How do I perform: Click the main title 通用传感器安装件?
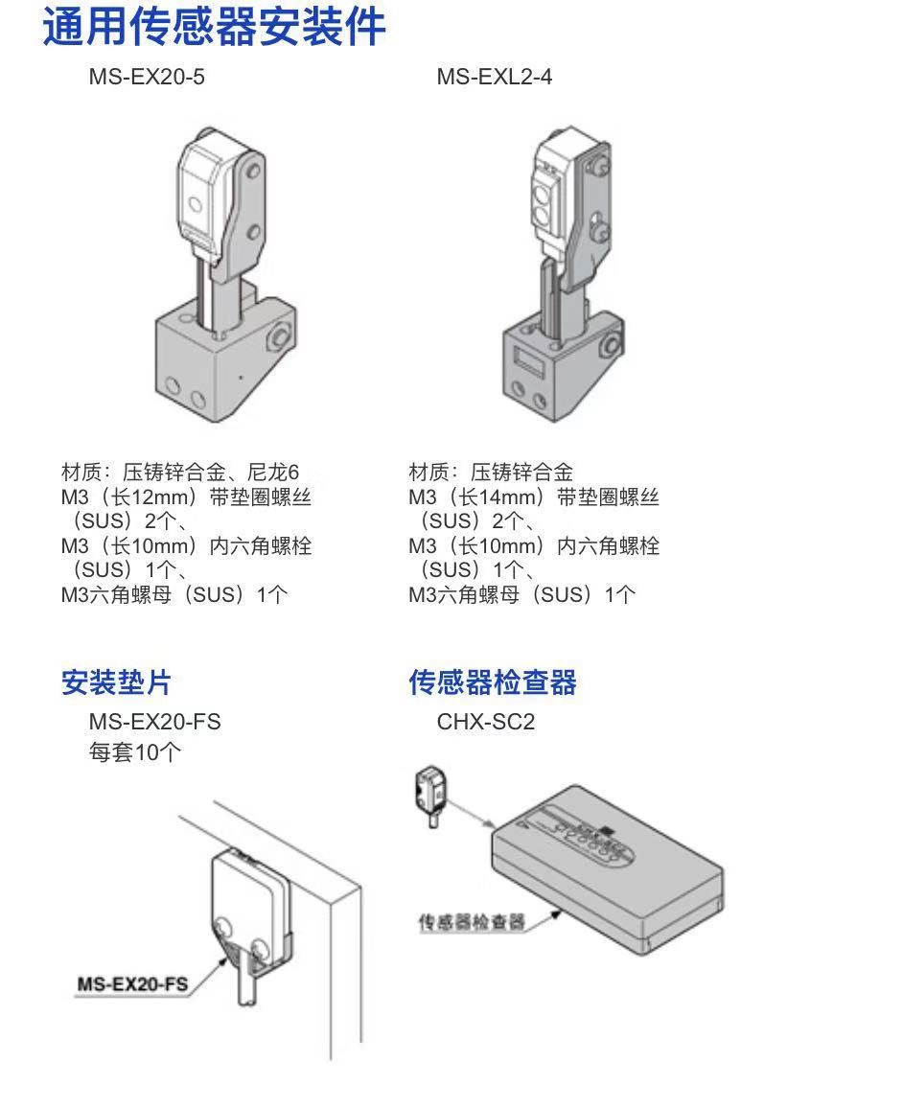pyautogui.click(x=214, y=26)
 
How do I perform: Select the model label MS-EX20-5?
pyautogui.click(x=147, y=77)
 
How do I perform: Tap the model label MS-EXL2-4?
pyautogui.click(x=494, y=77)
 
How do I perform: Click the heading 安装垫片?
pyautogui.click(x=116, y=682)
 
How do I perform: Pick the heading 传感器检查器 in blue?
pyautogui.click(x=493, y=682)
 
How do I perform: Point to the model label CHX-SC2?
pyautogui.click(x=485, y=721)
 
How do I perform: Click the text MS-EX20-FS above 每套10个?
pyautogui.click(x=154, y=721)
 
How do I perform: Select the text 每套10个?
pyautogui.click(x=134, y=752)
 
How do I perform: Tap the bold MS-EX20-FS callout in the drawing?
pyautogui.click(x=132, y=983)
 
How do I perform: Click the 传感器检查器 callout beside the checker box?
pyautogui.click(x=472, y=922)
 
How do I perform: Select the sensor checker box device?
pyautogui.click(x=607, y=867)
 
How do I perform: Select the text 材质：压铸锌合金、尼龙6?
pyautogui.click(x=180, y=473)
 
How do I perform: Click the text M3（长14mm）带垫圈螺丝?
pyautogui.click(x=534, y=497)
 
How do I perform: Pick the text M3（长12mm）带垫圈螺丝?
pyautogui.click(x=186, y=497)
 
